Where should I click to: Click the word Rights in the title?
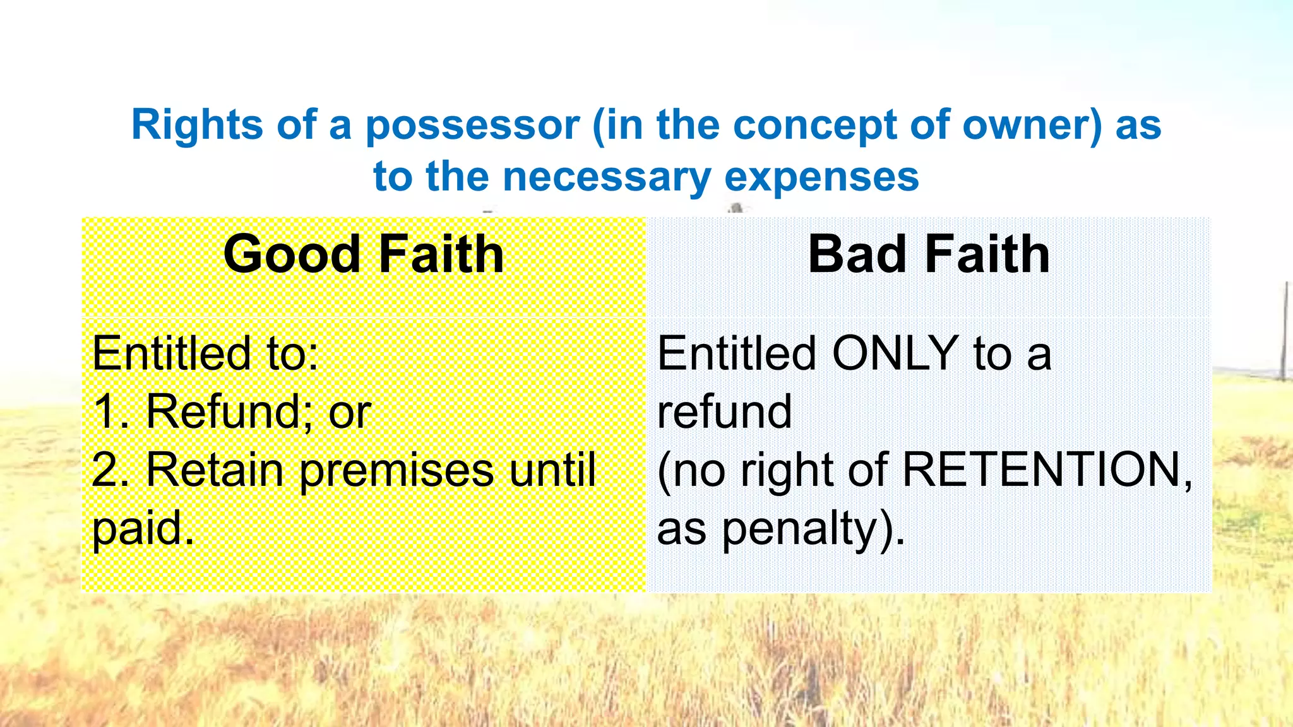197,125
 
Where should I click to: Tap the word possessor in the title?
472,125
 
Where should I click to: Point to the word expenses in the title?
821,176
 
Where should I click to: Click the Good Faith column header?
364,254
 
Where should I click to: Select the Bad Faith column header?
929,254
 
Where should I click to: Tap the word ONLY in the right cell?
895,353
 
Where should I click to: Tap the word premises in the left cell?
396,470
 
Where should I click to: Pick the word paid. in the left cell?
143,529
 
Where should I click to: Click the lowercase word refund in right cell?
724,412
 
